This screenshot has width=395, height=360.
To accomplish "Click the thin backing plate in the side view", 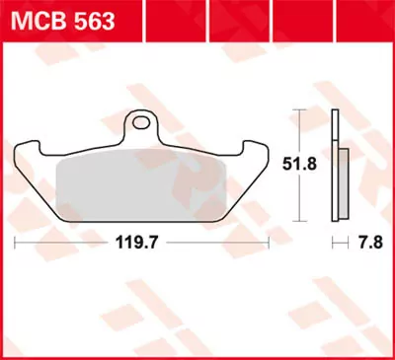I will [x=335, y=163].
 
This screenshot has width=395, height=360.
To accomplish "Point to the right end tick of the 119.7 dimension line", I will [x=268, y=240].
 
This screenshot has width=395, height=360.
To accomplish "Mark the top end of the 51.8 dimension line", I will [x=300, y=109].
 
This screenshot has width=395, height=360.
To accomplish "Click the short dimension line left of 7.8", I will [x=338, y=240].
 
